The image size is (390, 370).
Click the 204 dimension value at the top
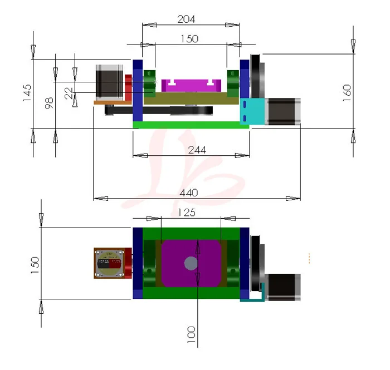(186, 19)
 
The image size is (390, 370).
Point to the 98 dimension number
(49, 103)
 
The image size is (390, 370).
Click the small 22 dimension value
(69, 93)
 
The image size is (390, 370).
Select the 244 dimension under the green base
(197, 150)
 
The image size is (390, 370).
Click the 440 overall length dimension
(189, 193)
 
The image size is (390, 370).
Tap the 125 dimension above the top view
(186, 213)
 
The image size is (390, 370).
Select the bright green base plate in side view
(191, 125)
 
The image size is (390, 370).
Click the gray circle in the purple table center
(191, 263)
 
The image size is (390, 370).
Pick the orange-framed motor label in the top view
(109, 264)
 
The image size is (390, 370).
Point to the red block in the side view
(128, 88)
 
